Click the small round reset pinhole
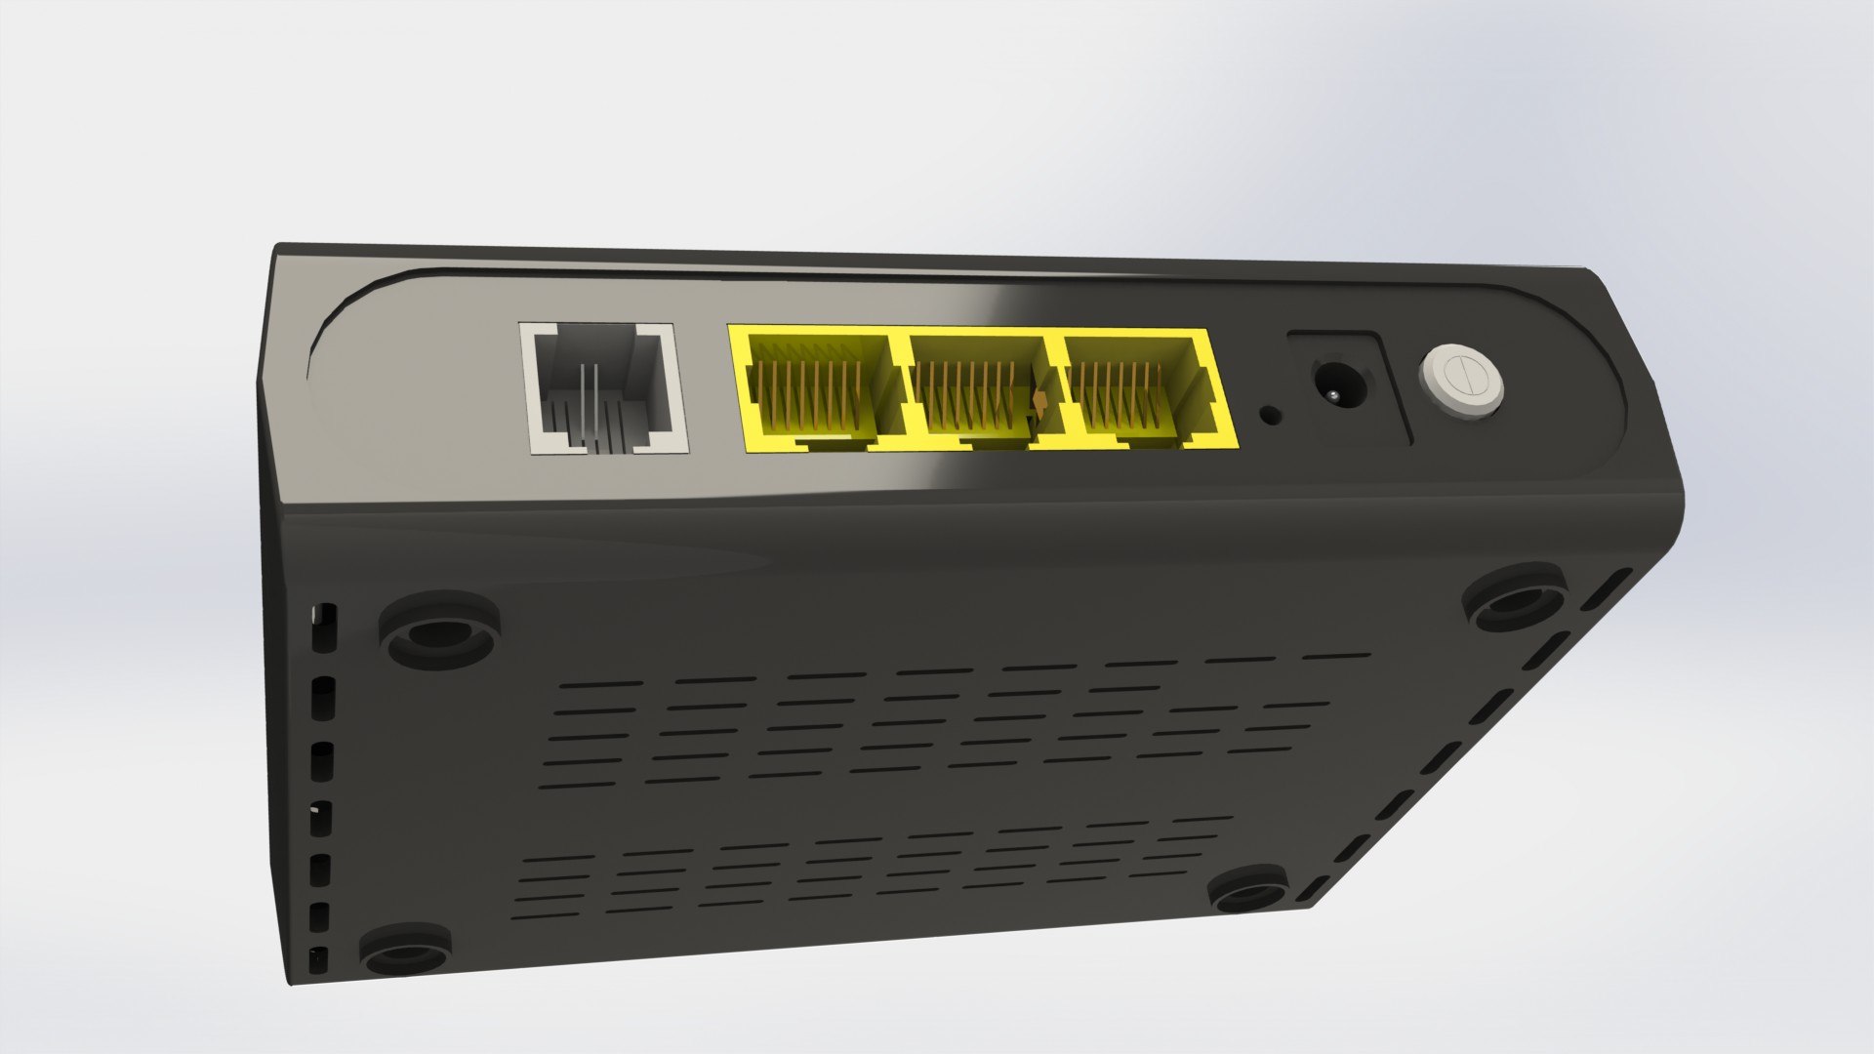coord(1271,415)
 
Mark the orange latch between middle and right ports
coord(1040,400)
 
